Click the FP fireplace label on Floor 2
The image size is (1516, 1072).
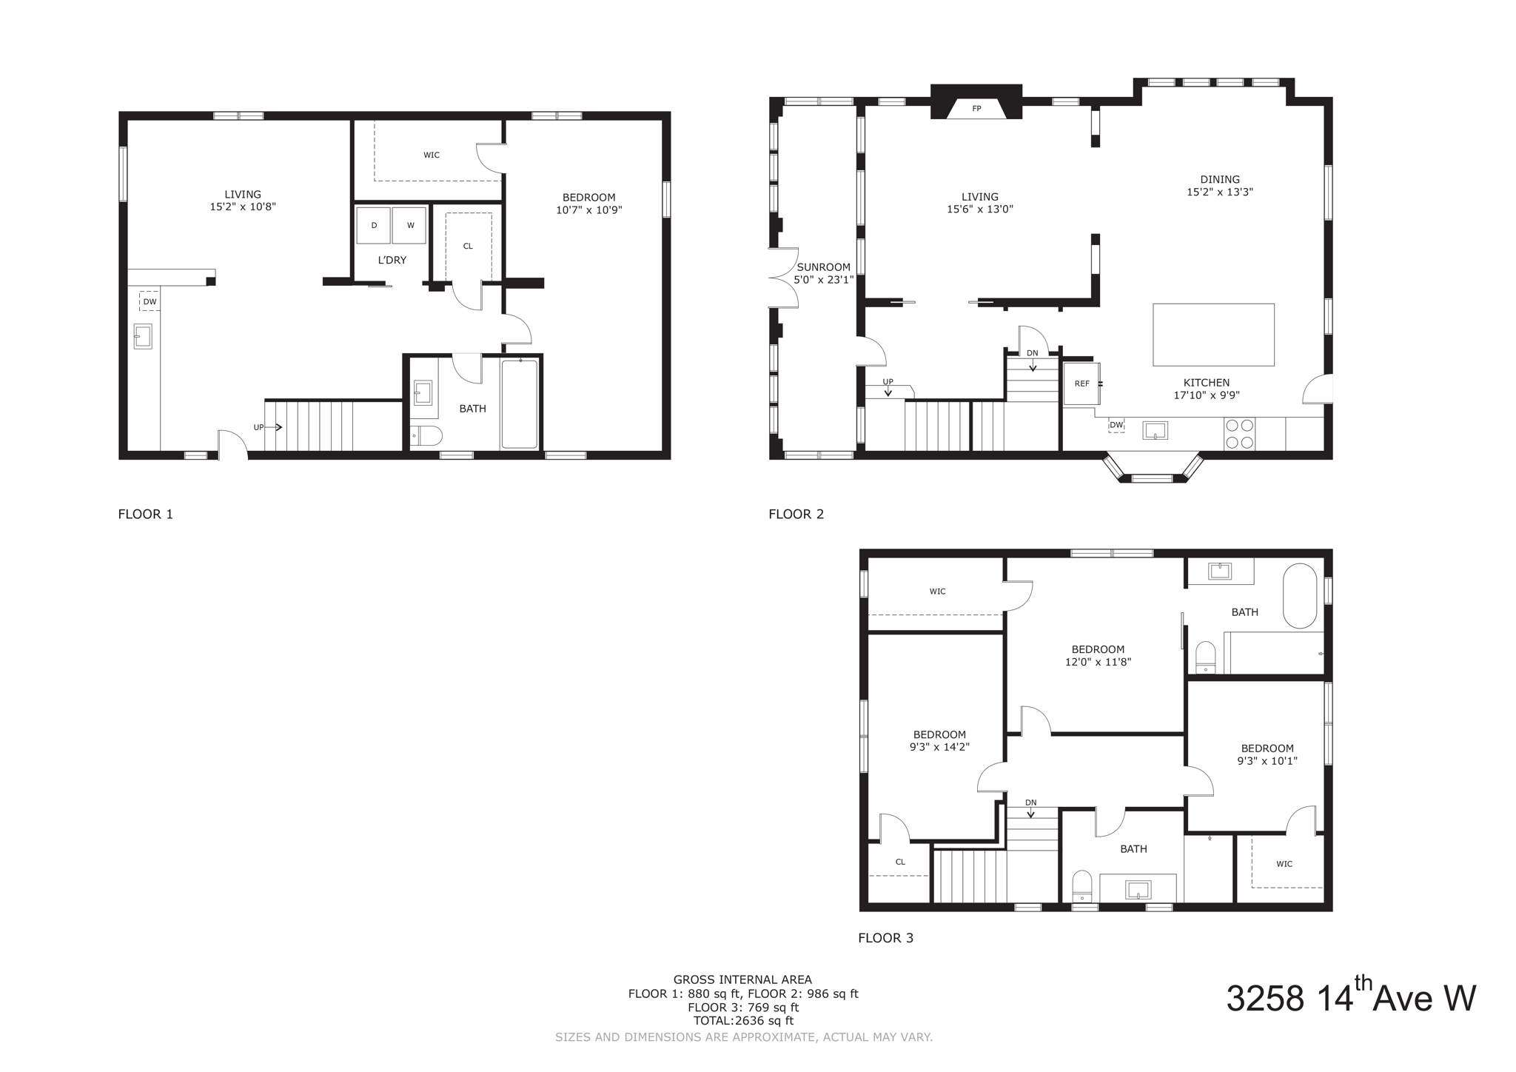pyautogui.click(x=976, y=109)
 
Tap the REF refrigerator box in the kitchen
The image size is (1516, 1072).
pyautogui.click(x=1081, y=383)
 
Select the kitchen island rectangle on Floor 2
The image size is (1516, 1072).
pyautogui.click(x=1213, y=335)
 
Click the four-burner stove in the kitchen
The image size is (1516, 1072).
pyautogui.click(x=1239, y=434)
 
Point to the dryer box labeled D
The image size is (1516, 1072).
pyautogui.click(x=374, y=225)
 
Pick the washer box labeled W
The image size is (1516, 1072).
pyautogui.click(x=409, y=225)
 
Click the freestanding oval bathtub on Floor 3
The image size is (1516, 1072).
pyautogui.click(x=1299, y=596)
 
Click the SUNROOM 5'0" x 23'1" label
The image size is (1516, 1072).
pyautogui.click(x=823, y=273)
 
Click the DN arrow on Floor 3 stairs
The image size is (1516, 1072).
pyautogui.click(x=1030, y=809)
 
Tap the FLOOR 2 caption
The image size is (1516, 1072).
pyautogui.click(x=796, y=514)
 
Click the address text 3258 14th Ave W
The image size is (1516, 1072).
pyautogui.click(x=1350, y=997)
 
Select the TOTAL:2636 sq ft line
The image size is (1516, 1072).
pyautogui.click(x=742, y=1021)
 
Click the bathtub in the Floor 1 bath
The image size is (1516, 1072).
pyautogui.click(x=520, y=403)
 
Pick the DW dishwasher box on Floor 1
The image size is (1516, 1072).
pyautogui.click(x=150, y=301)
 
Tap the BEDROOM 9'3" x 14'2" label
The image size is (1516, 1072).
pyautogui.click(x=939, y=741)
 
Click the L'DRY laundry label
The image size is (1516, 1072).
pyautogui.click(x=392, y=260)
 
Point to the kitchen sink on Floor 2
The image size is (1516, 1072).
pyautogui.click(x=1155, y=429)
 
